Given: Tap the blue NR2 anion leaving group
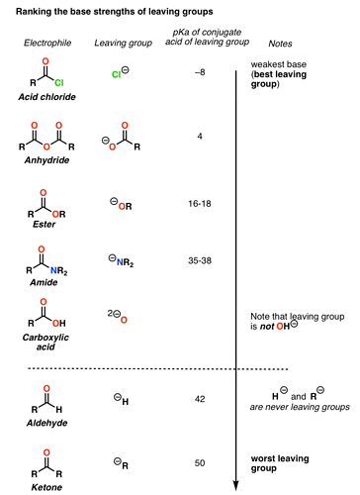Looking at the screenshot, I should click(x=123, y=259).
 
